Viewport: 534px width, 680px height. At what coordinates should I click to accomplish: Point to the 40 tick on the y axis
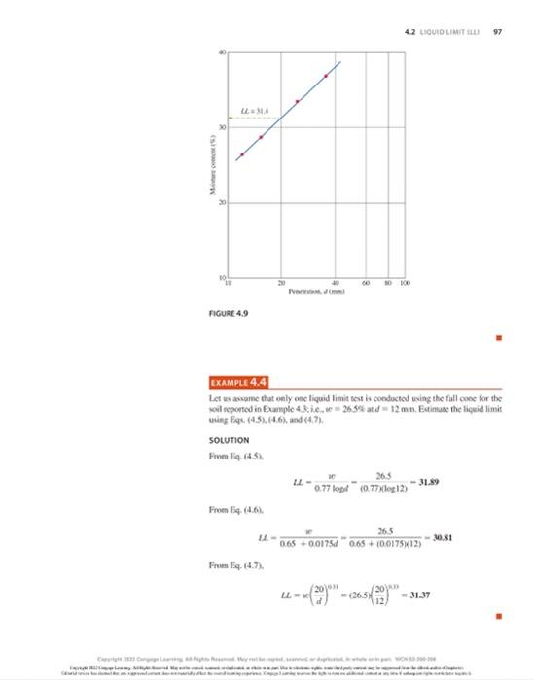click(x=222, y=49)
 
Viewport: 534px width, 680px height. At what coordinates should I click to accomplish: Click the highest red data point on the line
click(x=326, y=76)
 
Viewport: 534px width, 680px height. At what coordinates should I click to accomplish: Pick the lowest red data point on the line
click(x=241, y=154)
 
